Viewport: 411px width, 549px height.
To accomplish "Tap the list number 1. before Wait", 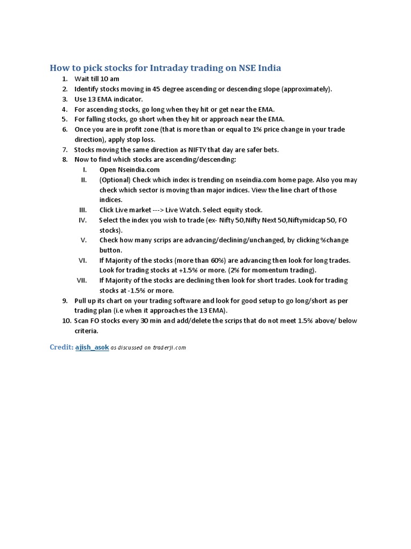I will [x=65, y=79].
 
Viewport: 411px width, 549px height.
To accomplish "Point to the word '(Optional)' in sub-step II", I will [x=115, y=180].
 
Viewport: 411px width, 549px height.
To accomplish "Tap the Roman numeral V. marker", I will [x=83, y=240].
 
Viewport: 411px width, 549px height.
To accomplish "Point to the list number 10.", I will [x=66, y=321].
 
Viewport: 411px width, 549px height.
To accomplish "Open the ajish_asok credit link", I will [x=92, y=347].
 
